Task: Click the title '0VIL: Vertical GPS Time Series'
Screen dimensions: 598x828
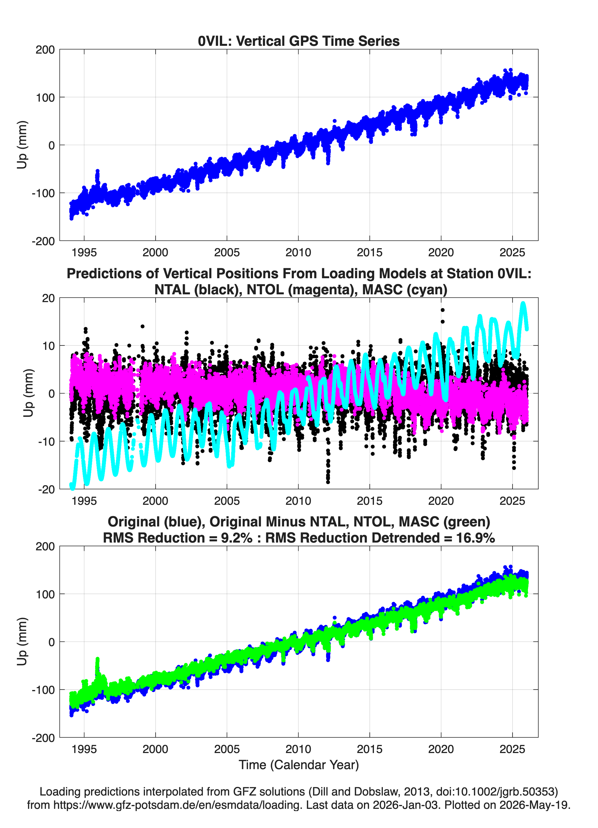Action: pos(299,41)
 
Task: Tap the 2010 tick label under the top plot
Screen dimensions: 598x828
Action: pos(298,252)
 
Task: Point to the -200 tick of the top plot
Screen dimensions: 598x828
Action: pos(43,241)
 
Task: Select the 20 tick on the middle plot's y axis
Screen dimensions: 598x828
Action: pos(48,298)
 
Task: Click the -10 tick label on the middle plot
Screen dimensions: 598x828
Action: pos(46,441)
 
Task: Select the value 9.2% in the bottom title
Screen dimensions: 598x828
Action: pos(237,538)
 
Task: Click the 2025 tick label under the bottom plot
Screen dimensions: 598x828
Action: pos(512,749)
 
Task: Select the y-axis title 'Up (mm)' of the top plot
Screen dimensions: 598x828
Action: pos(22,145)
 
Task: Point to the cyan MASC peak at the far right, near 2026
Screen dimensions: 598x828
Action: pos(523,303)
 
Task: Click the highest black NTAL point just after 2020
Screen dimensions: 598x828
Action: pos(443,310)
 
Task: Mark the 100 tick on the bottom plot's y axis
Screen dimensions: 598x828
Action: pos(45,594)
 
